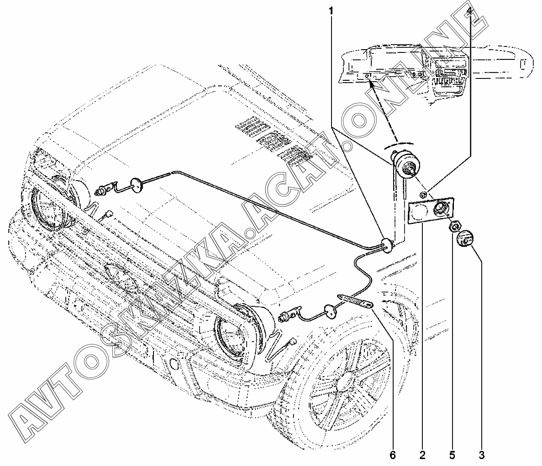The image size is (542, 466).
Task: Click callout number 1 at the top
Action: pyautogui.click(x=331, y=10)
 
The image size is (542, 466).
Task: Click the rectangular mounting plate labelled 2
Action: pyautogui.click(x=430, y=212)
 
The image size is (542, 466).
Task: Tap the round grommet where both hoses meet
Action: pyautogui.click(x=386, y=245)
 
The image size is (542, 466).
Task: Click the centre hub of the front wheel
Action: pyautogui.click(x=345, y=385)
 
